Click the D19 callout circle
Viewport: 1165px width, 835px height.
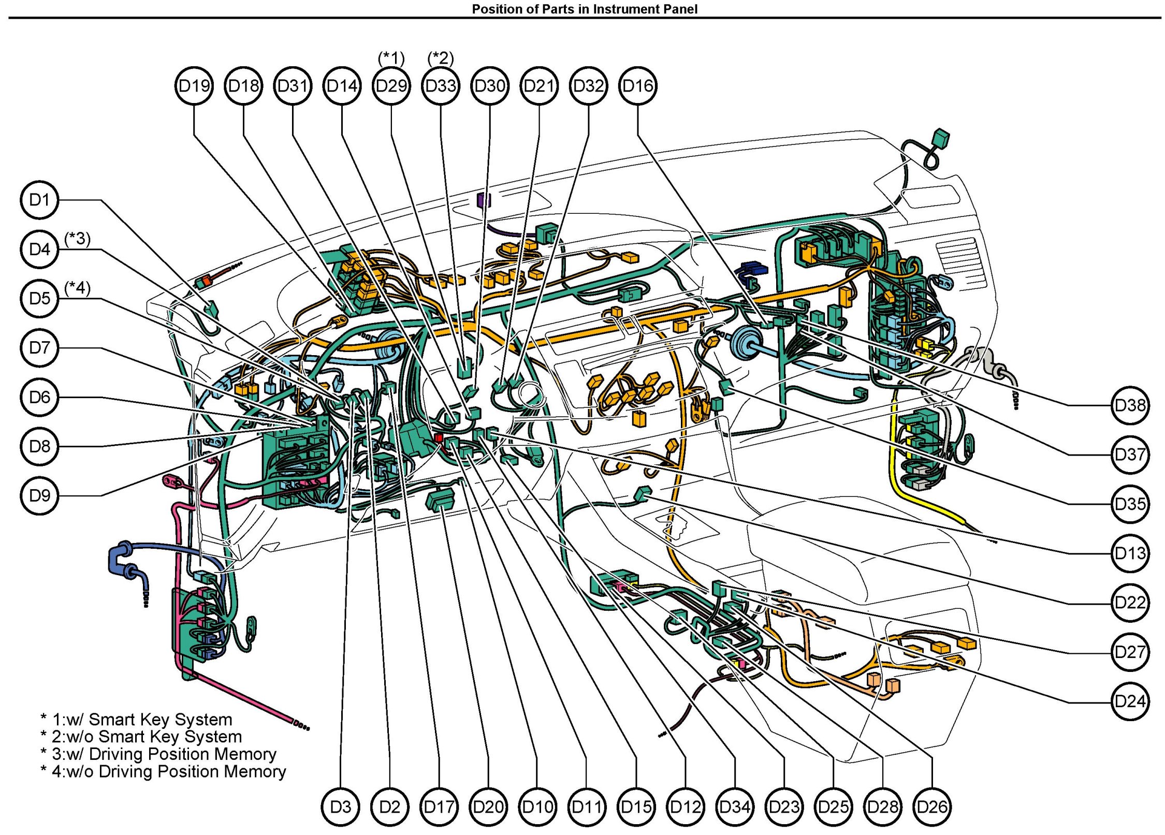tap(194, 86)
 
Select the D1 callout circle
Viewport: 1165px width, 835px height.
tap(39, 200)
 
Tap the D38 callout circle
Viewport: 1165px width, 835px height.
tap(1130, 405)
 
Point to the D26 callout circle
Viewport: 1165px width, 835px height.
tap(932, 807)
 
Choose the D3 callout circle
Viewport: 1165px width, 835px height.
tap(340, 807)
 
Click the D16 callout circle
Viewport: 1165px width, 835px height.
tap(637, 86)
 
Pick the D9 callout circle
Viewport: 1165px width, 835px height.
tap(39, 496)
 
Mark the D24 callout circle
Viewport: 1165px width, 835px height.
tap(1130, 701)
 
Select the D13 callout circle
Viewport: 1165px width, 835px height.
tap(1130, 553)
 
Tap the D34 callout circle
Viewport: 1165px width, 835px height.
tap(735, 807)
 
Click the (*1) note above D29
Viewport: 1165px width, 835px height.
tap(391, 58)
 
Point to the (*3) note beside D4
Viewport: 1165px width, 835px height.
tap(77, 239)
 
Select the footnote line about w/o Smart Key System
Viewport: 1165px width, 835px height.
tap(141, 737)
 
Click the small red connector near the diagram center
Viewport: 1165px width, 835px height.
tap(439, 438)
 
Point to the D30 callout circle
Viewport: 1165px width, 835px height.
tap(490, 86)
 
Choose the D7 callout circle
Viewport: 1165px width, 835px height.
tap(39, 348)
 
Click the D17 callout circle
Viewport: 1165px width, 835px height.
tap(439, 807)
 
